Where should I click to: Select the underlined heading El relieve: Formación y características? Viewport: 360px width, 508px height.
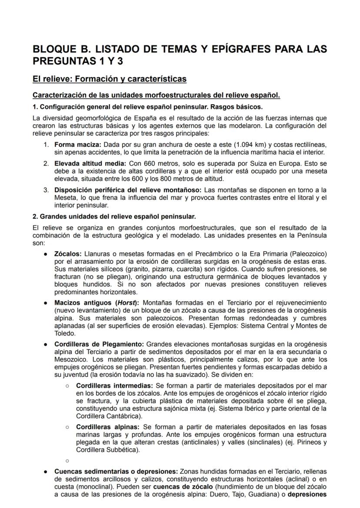(110, 79)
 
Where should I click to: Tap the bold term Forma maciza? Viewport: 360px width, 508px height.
(77, 144)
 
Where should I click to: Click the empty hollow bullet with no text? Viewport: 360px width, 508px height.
(67, 460)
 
